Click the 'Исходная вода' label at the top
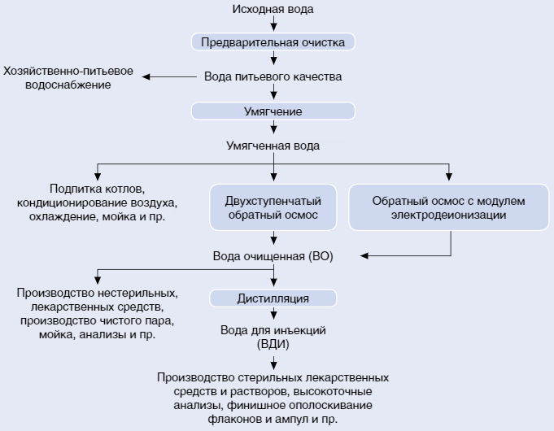click(273, 9)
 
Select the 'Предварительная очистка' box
click(273, 41)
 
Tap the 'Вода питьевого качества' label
click(273, 76)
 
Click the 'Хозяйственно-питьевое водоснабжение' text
click(68, 78)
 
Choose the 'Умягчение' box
click(273, 111)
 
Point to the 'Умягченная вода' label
click(273, 146)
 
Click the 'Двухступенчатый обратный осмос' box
click(273, 208)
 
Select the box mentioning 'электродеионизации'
click(449, 208)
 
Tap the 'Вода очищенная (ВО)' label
click(273, 255)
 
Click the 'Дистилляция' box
click(273, 298)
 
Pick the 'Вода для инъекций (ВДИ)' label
click(273, 337)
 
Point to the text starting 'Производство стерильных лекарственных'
click(273, 398)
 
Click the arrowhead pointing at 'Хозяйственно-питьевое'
click(148, 76)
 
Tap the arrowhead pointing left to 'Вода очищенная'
click(365, 255)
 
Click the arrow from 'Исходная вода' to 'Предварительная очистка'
click(273, 24)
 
